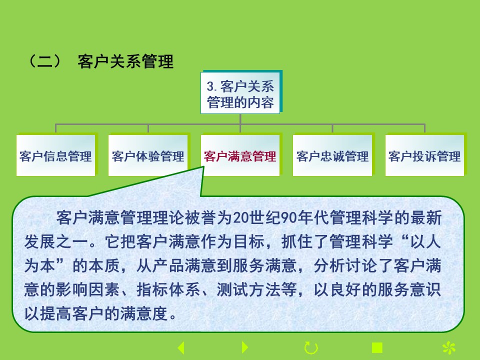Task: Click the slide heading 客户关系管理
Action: click(x=125, y=61)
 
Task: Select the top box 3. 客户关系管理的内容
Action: click(x=240, y=93)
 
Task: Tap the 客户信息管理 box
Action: click(x=55, y=155)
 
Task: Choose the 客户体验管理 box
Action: click(x=148, y=155)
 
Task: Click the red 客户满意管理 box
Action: click(x=240, y=155)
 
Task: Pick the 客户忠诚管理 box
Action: click(x=332, y=155)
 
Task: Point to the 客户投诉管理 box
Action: click(x=424, y=155)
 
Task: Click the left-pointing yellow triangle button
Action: click(x=181, y=348)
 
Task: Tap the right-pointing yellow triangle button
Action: click(x=245, y=347)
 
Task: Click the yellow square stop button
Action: click(x=377, y=348)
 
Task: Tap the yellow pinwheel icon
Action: click(x=449, y=348)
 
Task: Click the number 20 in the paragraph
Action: click(x=241, y=218)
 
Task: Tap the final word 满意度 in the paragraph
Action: click(x=144, y=313)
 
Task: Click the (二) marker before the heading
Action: click(x=44, y=61)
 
